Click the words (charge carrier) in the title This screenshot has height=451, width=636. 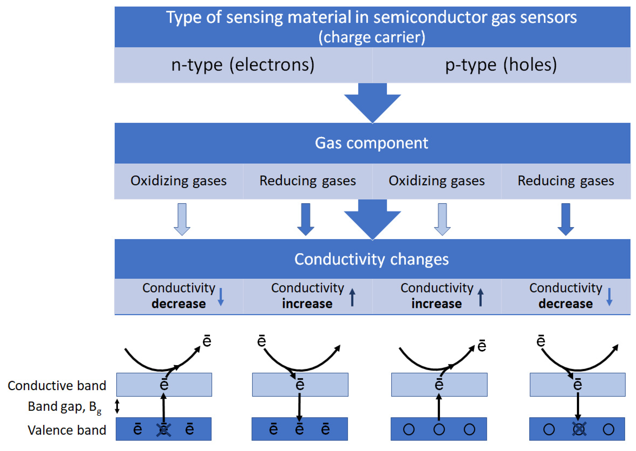(372, 37)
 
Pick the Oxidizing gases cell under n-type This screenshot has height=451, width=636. (178, 181)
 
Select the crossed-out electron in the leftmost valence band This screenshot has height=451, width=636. (164, 430)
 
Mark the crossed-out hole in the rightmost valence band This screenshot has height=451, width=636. (579, 429)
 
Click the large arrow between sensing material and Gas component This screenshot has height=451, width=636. (372, 103)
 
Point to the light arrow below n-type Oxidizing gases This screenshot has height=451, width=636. (182, 219)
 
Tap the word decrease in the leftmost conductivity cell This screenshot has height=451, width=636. (178, 304)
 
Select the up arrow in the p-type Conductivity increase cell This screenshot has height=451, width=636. (480, 297)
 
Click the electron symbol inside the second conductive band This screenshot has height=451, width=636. (300, 384)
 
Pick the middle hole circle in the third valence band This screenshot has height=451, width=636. (439, 429)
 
